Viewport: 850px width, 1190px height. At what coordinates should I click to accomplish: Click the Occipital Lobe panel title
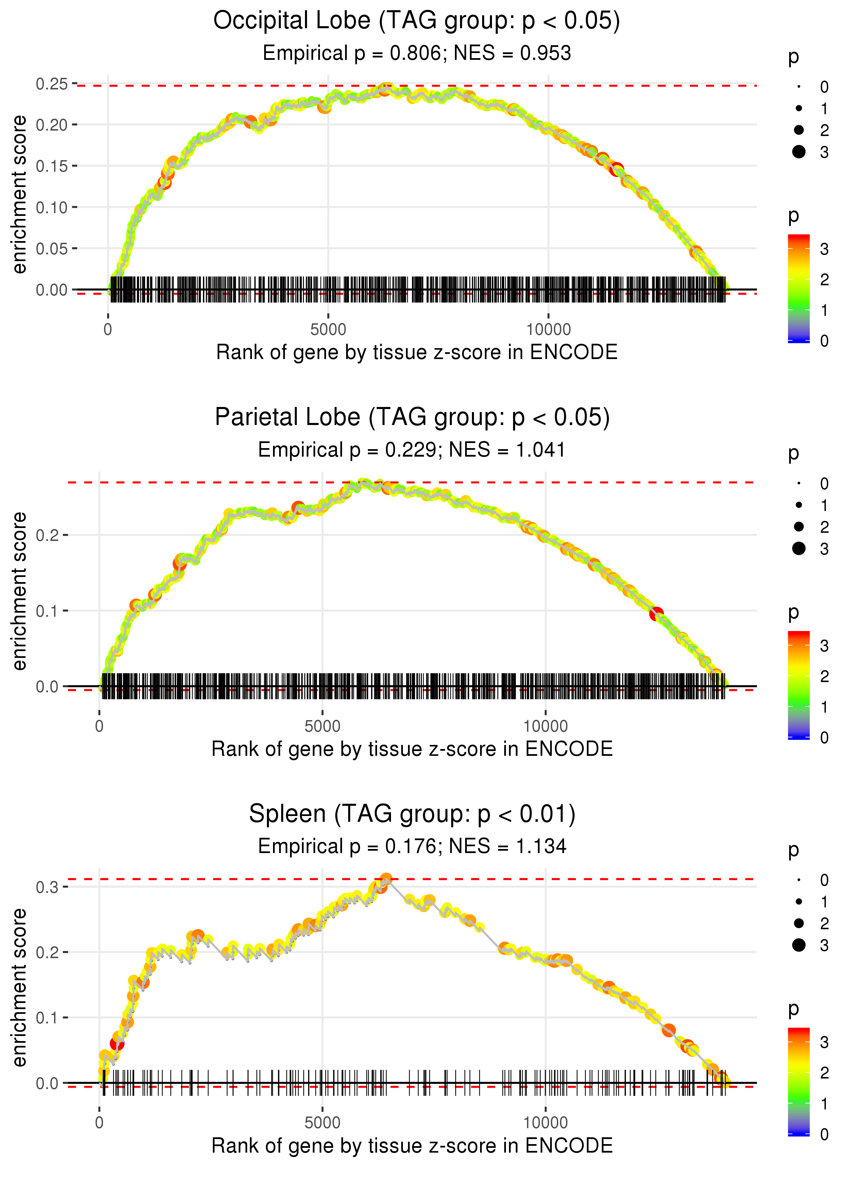tap(417, 21)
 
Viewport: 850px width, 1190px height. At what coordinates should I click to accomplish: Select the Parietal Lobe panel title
tap(412, 418)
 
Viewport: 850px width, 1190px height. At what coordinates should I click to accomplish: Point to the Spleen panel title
tap(412, 814)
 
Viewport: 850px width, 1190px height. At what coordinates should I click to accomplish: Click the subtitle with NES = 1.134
tap(412, 846)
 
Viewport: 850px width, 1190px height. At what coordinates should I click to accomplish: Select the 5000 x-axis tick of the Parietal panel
tap(322, 726)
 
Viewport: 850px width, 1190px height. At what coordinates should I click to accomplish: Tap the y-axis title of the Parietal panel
tap(19, 591)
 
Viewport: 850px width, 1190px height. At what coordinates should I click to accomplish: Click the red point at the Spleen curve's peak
tap(386, 879)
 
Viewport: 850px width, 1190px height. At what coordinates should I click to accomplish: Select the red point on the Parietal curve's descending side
tap(656, 613)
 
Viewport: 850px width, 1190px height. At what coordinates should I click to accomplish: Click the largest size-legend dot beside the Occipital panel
tap(799, 152)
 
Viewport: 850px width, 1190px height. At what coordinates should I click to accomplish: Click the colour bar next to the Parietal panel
tap(799, 684)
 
